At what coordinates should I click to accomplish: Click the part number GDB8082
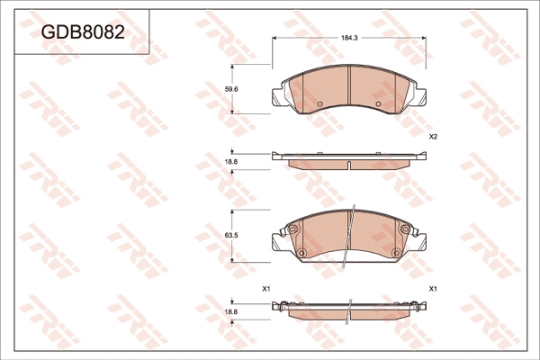(83, 32)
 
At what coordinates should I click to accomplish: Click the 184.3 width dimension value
(349, 38)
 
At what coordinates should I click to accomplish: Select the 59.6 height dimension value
(231, 89)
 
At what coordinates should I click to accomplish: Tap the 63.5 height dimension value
(231, 236)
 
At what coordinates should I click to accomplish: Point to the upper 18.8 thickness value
(231, 161)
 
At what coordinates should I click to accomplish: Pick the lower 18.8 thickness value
(231, 311)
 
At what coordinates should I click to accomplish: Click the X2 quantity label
(433, 137)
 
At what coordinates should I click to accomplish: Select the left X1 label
(265, 289)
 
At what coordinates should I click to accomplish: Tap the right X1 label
(433, 289)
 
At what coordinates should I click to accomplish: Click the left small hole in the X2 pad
(319, 103)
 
